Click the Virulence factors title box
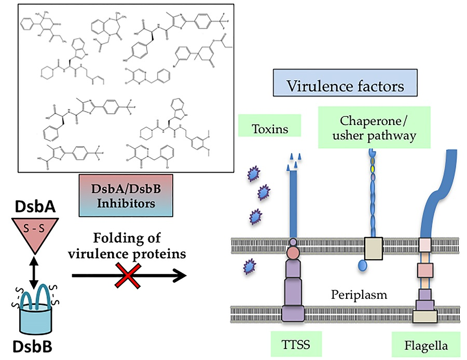pyautogui.click(x=346, y=86)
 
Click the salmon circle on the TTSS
pyautogui.click(x=294, y=254)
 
